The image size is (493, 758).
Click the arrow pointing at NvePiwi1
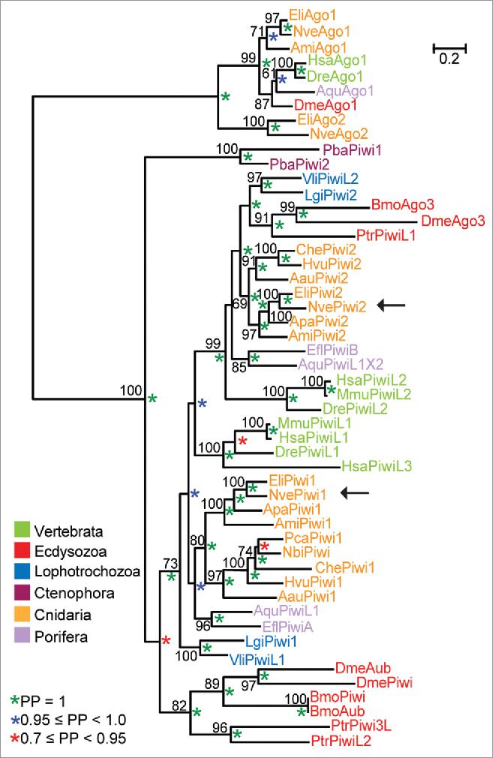356,492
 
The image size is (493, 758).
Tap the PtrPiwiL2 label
341,741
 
